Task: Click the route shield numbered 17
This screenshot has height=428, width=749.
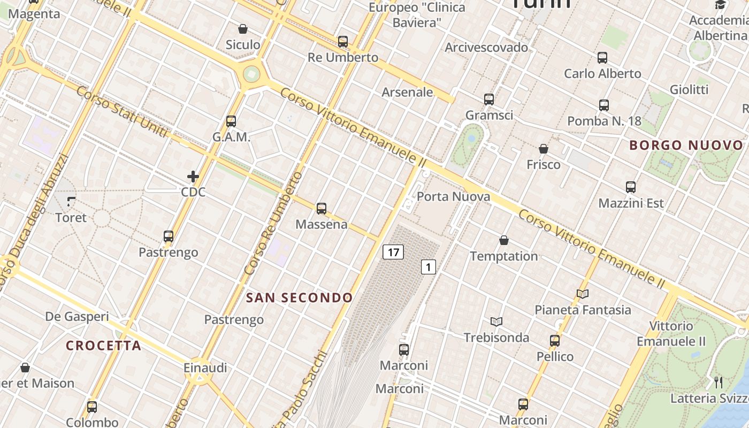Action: tap(393, 252)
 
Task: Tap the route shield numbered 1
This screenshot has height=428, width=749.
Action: tap(429, 266)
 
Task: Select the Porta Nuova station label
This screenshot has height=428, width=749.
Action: tap(453, 196)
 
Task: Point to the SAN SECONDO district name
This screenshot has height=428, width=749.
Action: tap(300, 297)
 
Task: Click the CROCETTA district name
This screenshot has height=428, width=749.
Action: tap(104, 346)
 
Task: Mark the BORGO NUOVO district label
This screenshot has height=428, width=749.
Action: tap(686, 145)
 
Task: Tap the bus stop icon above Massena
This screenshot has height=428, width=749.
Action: tap(322, 209)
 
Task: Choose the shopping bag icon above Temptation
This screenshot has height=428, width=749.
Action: tap(504, 240)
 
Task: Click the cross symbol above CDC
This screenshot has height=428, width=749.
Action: tap(193, 176)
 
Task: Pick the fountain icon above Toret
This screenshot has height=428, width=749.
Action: tap(71, 202)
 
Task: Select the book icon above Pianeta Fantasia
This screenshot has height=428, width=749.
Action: tap(583, 294)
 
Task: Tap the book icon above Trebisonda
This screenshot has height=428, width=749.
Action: tap(496, 322)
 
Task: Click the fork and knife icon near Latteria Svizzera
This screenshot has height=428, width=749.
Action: tap(719, 382)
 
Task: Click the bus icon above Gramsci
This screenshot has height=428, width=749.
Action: tap(489, 99)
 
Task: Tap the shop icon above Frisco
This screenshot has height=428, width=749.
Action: tap(544, 149)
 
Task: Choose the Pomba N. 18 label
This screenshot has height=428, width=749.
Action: tap(604, 121)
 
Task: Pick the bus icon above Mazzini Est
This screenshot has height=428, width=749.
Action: tap(631, 187)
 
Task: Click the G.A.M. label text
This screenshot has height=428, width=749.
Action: tap(231, 137)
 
